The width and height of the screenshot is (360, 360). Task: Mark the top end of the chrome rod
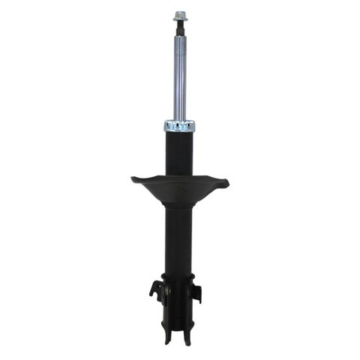point(179,38)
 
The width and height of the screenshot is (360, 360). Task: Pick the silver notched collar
point(179,126)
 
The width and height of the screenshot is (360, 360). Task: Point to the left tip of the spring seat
point(133,178)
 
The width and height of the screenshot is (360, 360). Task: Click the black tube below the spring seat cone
point(179,240)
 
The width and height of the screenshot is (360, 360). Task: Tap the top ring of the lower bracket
point(179,277)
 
